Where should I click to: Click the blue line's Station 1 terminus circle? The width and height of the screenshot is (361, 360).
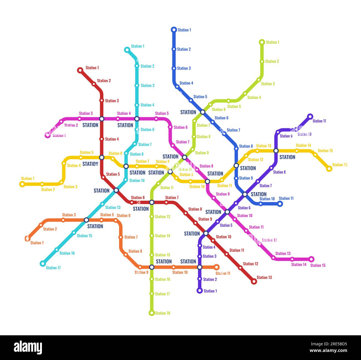[174, 30]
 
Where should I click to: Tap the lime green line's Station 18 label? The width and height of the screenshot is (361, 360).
[162, 313]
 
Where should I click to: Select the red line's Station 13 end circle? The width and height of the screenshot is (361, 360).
[254, 281]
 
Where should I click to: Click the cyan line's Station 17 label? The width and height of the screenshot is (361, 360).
[53, 268]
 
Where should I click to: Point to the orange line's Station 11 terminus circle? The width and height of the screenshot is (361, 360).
[217, 267]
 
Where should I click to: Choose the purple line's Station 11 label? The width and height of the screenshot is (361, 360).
[319, 121]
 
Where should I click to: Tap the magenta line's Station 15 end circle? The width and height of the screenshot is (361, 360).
[311, 259]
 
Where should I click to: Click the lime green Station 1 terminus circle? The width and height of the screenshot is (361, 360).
[262, 42]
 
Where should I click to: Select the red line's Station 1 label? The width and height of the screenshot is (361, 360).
[92, 68]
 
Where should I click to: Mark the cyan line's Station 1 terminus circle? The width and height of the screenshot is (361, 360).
[127, 50]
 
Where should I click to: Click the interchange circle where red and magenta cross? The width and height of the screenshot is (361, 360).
[102, 119]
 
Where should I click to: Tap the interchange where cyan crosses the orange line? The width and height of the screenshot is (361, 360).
[86, 220]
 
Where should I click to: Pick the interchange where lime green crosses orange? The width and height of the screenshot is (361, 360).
[152, 267]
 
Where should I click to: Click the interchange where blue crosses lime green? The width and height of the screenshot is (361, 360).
[203, 112]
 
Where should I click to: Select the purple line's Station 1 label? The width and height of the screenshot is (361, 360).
[210, 291]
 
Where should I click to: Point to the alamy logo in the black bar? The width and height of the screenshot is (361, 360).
[28, 347]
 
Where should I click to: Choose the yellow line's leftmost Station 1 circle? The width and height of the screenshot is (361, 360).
[22, 184]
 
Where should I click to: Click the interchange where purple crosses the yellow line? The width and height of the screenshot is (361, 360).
[276, 151]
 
